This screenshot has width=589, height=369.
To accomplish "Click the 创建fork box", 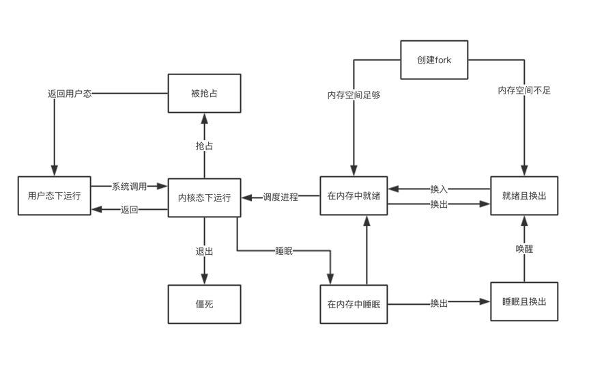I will point(434,60).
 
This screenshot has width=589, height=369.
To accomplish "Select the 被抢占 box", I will point(204,93).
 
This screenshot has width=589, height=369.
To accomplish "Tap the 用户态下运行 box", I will point(54,196).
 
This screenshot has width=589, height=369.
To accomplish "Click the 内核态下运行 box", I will point(204,198).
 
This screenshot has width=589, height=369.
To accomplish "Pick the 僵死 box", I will point(204,304).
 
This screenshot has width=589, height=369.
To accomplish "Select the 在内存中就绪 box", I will point(354,196).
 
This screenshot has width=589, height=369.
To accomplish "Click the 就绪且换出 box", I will point(523,196).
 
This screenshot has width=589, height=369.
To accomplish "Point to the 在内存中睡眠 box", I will point(354,304).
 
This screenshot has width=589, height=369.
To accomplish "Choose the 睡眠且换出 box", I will point(523,301).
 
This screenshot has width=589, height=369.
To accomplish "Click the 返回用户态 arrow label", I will point(70,94).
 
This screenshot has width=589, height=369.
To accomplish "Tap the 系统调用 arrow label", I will point(129,187).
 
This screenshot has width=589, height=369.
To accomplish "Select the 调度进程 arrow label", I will point(281,197).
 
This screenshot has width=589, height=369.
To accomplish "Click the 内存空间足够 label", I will point(354,95).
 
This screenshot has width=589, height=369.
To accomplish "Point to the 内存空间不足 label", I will point(523,90).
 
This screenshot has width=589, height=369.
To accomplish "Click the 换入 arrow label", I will point(439,189).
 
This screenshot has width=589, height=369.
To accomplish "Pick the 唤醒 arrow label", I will point(523,249).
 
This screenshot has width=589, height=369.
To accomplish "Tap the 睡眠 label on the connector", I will point(284,251).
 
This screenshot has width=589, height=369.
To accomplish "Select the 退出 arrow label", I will point(204,251).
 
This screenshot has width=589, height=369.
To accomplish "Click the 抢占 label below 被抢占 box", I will point(204,146).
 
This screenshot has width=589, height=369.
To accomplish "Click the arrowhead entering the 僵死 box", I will point(204,279).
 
